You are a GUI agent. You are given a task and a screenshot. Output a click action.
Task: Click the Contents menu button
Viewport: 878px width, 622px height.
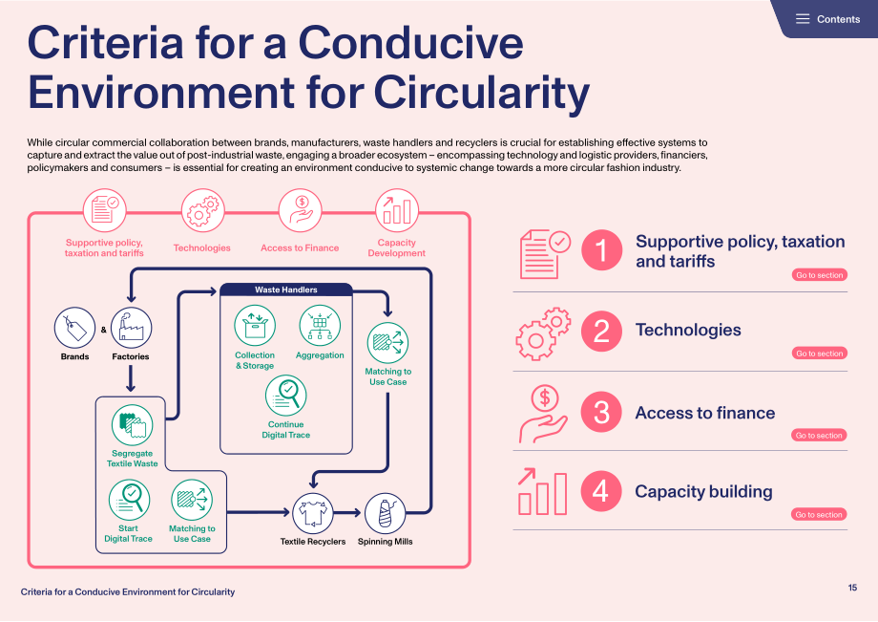point(827,19)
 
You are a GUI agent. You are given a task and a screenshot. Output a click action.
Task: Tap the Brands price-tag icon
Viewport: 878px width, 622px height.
point(74,328)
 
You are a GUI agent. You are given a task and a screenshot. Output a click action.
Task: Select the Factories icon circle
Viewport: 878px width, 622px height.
point(131,328)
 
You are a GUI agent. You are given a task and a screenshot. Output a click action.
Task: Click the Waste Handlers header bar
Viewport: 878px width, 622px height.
point(286,290)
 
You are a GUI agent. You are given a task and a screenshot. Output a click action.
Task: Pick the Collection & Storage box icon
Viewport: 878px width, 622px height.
point(255,325)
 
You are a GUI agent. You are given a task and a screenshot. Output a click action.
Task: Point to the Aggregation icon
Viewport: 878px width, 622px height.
point(320,325)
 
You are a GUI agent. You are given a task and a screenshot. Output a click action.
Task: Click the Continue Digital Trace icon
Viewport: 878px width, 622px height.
point(285,395)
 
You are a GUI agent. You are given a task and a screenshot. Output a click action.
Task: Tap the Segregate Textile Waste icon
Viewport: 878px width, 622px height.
point(132,425)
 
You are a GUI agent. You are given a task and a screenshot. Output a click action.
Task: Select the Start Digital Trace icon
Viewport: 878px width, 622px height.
point(129,500)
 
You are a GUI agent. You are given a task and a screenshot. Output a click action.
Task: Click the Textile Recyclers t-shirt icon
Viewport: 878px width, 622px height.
point(312,513)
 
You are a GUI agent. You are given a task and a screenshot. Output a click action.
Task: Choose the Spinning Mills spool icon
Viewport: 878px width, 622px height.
point(386,513)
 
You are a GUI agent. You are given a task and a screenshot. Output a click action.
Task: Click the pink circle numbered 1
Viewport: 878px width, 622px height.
point(601,250)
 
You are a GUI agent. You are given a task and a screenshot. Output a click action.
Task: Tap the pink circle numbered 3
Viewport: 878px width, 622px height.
point(601,412)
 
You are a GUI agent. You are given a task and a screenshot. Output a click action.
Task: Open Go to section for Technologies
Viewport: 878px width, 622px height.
point(819,353)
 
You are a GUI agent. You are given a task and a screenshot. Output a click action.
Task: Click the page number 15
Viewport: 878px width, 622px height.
point(852,588)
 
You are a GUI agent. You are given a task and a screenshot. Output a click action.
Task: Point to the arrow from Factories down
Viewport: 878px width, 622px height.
point(131,378)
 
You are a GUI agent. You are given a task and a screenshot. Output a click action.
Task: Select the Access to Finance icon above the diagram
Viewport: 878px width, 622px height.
point(300,210)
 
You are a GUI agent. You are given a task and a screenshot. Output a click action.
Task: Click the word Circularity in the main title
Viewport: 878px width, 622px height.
point(482,93)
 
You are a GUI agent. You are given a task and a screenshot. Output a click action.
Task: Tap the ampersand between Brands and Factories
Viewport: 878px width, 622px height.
point(104,330)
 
